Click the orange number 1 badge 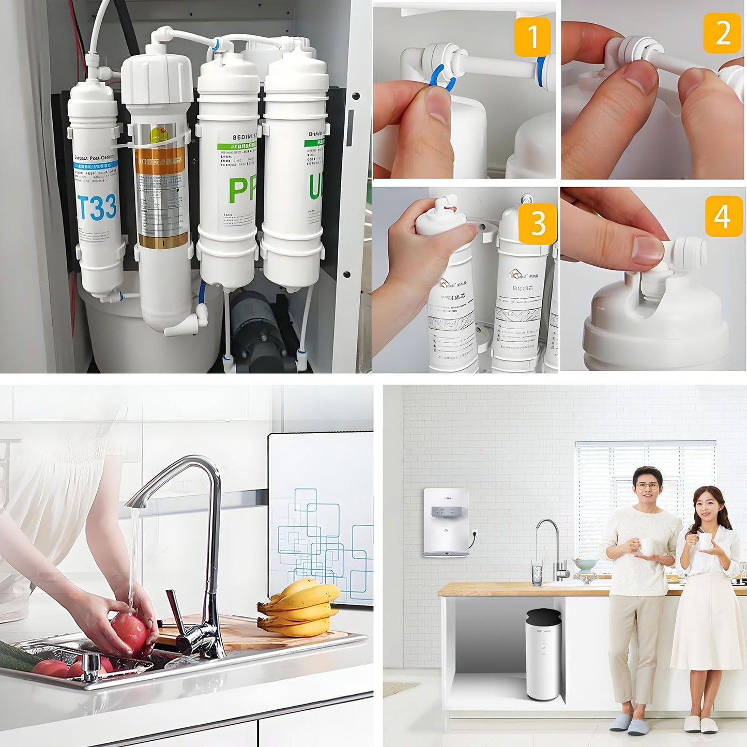pyautogui.click(x=531, y=36)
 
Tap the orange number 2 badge pyautogui.click(x=722, y=33)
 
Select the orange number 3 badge pyautogui.click(x=538, y=223)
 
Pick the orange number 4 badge pyautogui.click(x=723, y=216)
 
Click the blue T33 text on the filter pyautogui.click(x=97, y=207)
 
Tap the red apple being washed pyautogui.click(x=130, y=632)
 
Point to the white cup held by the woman pyautogui.click(x=705, y=541)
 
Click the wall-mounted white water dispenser pyautogui.click(x=447, y=522)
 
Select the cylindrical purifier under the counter pyautogui.click(x=543, y=654)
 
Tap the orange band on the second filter pyautogui.click(x=161, y=160)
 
